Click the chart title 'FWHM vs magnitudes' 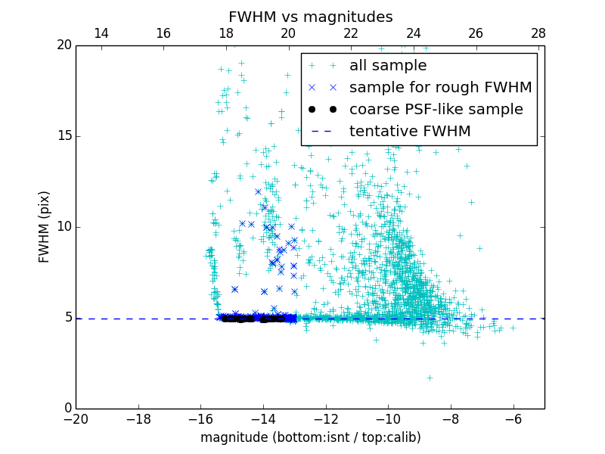coord(310,17)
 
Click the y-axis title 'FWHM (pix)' coord(45,227)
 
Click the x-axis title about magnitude coord(310,437)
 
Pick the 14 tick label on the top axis coord(101,33)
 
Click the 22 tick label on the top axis coord(351,33)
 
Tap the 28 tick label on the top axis coord(538,33)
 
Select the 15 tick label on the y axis coord(63,136)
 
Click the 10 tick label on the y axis coord(63,227)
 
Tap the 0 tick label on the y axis coord(67,409)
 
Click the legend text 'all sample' coord(387,66)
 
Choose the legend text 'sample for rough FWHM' coord(440,88)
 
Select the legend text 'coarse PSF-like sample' coord(436,110)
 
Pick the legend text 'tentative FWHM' coord(410,132)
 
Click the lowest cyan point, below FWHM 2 coord(430,377)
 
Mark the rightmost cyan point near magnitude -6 coord(513,328)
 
